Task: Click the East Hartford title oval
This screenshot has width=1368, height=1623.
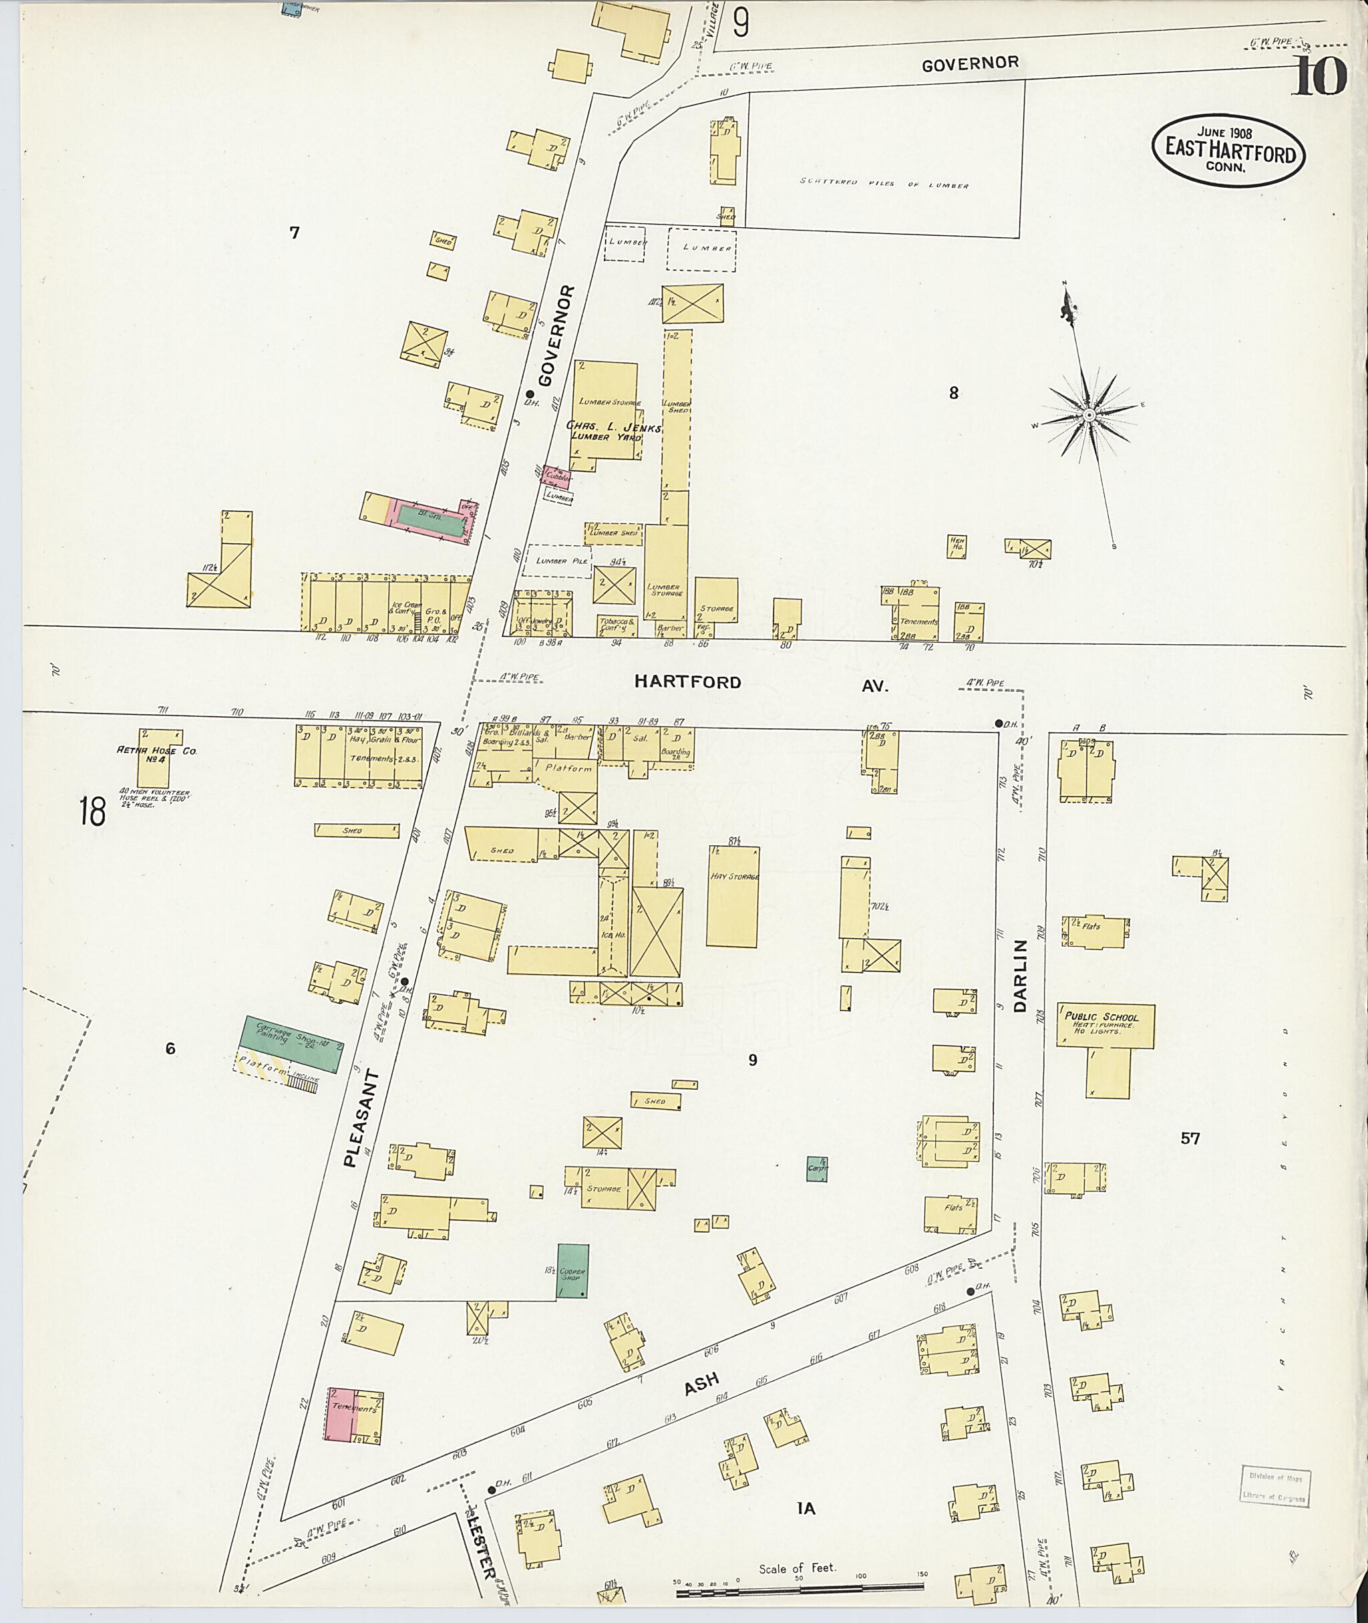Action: (x=1228, y=150)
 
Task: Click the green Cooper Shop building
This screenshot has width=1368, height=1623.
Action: (x=572, y=1272)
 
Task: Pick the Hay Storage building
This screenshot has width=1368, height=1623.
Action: (x=733, y=896)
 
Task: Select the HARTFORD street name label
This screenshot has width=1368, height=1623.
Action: (x=687, y=682)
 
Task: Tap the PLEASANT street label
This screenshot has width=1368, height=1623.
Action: (x=360, y=1118)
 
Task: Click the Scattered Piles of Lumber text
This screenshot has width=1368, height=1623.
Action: (x=884, y=184)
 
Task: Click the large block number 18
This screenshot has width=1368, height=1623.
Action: (x=92, y=813)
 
